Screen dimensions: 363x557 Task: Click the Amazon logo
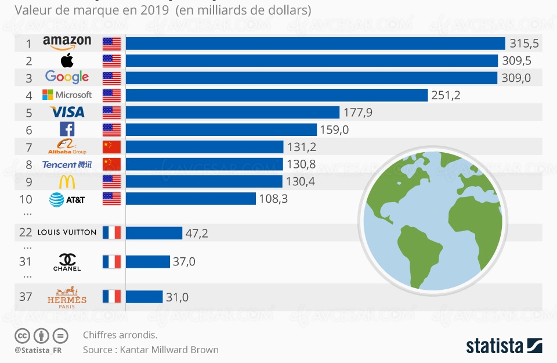point(67,43)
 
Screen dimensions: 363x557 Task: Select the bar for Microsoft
point(276,95)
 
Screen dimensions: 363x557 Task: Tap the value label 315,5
point(523,44)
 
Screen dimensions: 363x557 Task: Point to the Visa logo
point(67,112)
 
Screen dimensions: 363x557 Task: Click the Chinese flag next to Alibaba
point(111,146)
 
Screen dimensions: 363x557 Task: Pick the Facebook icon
point(67,129)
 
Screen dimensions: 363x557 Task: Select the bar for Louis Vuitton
point(154,233)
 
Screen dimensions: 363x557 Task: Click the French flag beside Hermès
point(111,297)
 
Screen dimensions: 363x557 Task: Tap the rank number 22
point(26,232)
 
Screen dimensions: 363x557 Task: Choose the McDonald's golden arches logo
point(67,182)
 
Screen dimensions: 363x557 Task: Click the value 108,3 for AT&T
point(274,199)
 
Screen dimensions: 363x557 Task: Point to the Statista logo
point(504,346)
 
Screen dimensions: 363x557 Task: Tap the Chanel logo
point(67,262)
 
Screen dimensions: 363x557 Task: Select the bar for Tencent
point(204,164)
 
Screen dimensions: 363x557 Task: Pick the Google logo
point(67,77)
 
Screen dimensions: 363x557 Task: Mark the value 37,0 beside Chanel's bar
point(184,262)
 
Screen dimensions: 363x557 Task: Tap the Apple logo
point(67,60)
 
